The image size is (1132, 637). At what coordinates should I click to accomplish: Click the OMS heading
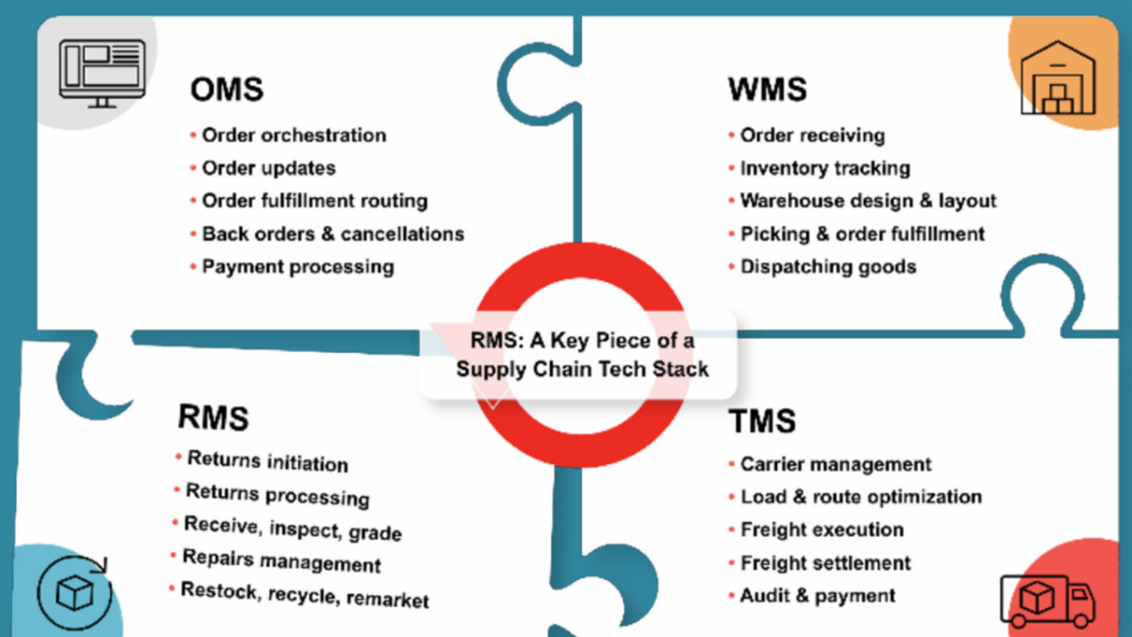point(226,90)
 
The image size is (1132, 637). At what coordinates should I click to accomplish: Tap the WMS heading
point(767,90)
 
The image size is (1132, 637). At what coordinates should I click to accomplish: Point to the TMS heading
point(762,421)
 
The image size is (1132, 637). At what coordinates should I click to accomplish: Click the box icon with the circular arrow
point(75,592)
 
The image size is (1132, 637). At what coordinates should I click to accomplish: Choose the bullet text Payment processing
point(297,266)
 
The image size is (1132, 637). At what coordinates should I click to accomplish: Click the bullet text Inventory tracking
point(824,168)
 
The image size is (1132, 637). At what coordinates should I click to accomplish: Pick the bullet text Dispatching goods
point(827,266)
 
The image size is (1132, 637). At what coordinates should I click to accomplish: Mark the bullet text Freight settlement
point(825,563)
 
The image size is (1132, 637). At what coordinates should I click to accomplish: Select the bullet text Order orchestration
point(293,135)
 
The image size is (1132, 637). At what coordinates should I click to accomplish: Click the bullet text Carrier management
point(836,464)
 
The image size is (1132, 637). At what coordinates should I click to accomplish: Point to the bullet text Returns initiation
point(267,461)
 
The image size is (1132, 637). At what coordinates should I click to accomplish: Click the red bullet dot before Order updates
point(193,168)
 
